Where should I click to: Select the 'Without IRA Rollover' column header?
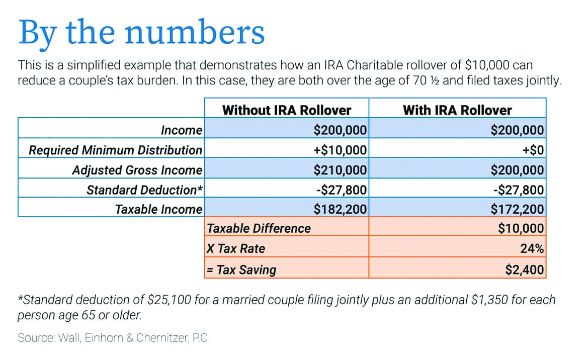coord(287,110)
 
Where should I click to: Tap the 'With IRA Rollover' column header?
coord(457,110)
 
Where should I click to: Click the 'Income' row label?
coord(182,130)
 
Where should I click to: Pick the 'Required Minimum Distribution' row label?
coord(116,150)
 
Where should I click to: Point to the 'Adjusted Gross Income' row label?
coord(137,170)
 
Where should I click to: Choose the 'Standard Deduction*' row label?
coord(144,190)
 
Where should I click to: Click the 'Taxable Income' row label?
coord(158,209)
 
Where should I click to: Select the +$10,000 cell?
coord(340,150)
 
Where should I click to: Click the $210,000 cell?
coord(340,170)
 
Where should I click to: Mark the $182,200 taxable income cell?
coord(340,209)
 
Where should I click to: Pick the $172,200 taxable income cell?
coord(517,209)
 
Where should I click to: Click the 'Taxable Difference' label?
coord(259,228)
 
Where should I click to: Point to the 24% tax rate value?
coord(532,248)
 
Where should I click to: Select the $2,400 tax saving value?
coord(525,269)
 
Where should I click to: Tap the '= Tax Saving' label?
coord(241,269)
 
